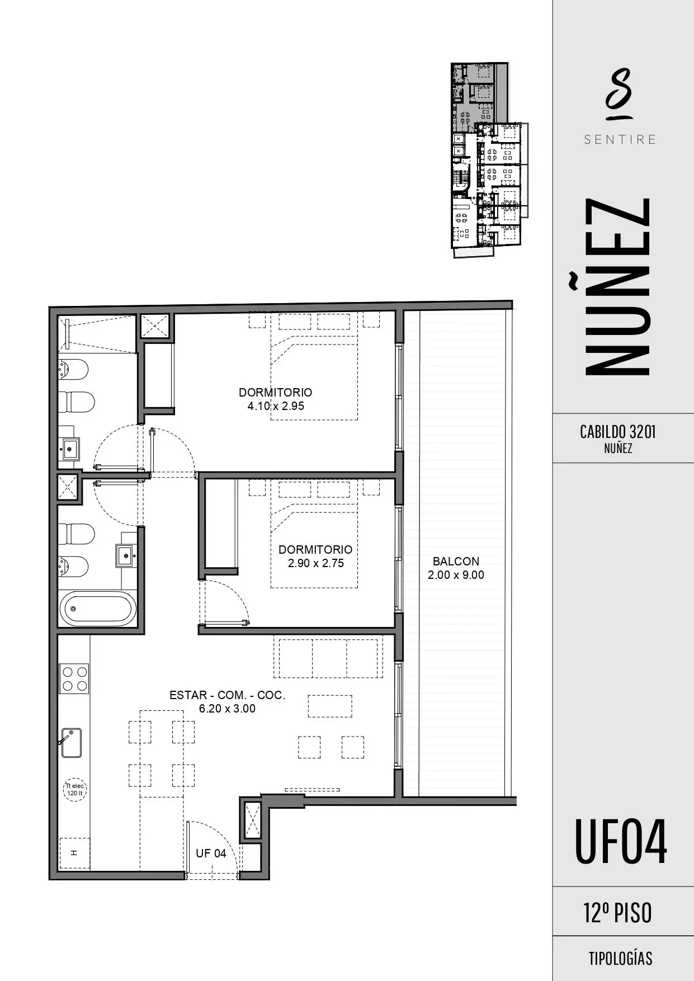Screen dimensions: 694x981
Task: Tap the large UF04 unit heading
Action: click(621, 842)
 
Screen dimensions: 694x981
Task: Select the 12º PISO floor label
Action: click(618, 913)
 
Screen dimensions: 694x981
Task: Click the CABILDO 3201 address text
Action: click(618, 432)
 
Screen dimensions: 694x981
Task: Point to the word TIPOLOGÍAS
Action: click(620, 959)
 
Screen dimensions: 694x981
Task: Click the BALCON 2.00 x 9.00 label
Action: click(456, 568)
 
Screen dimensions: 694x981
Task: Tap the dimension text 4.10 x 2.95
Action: click(276, 406)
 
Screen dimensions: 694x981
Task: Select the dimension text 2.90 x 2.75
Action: click(315, 563)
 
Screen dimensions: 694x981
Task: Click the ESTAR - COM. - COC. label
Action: click(227, 695)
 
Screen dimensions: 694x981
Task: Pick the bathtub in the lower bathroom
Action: click(97, 609)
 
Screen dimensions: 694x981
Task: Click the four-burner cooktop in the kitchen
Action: click(74, 678)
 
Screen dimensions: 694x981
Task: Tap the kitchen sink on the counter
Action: click(71, 743)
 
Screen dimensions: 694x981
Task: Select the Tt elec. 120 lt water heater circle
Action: click(75, 790)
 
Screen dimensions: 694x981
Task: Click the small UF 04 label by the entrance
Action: click(211, 853)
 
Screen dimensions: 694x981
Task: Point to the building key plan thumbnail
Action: click(489, 160)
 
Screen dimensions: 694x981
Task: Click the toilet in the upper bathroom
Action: click(77, 402)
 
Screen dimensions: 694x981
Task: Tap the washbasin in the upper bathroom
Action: click(70, 449)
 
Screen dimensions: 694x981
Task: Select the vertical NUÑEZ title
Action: click(617, 286)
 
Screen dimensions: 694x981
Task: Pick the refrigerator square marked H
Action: click(74, 853)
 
